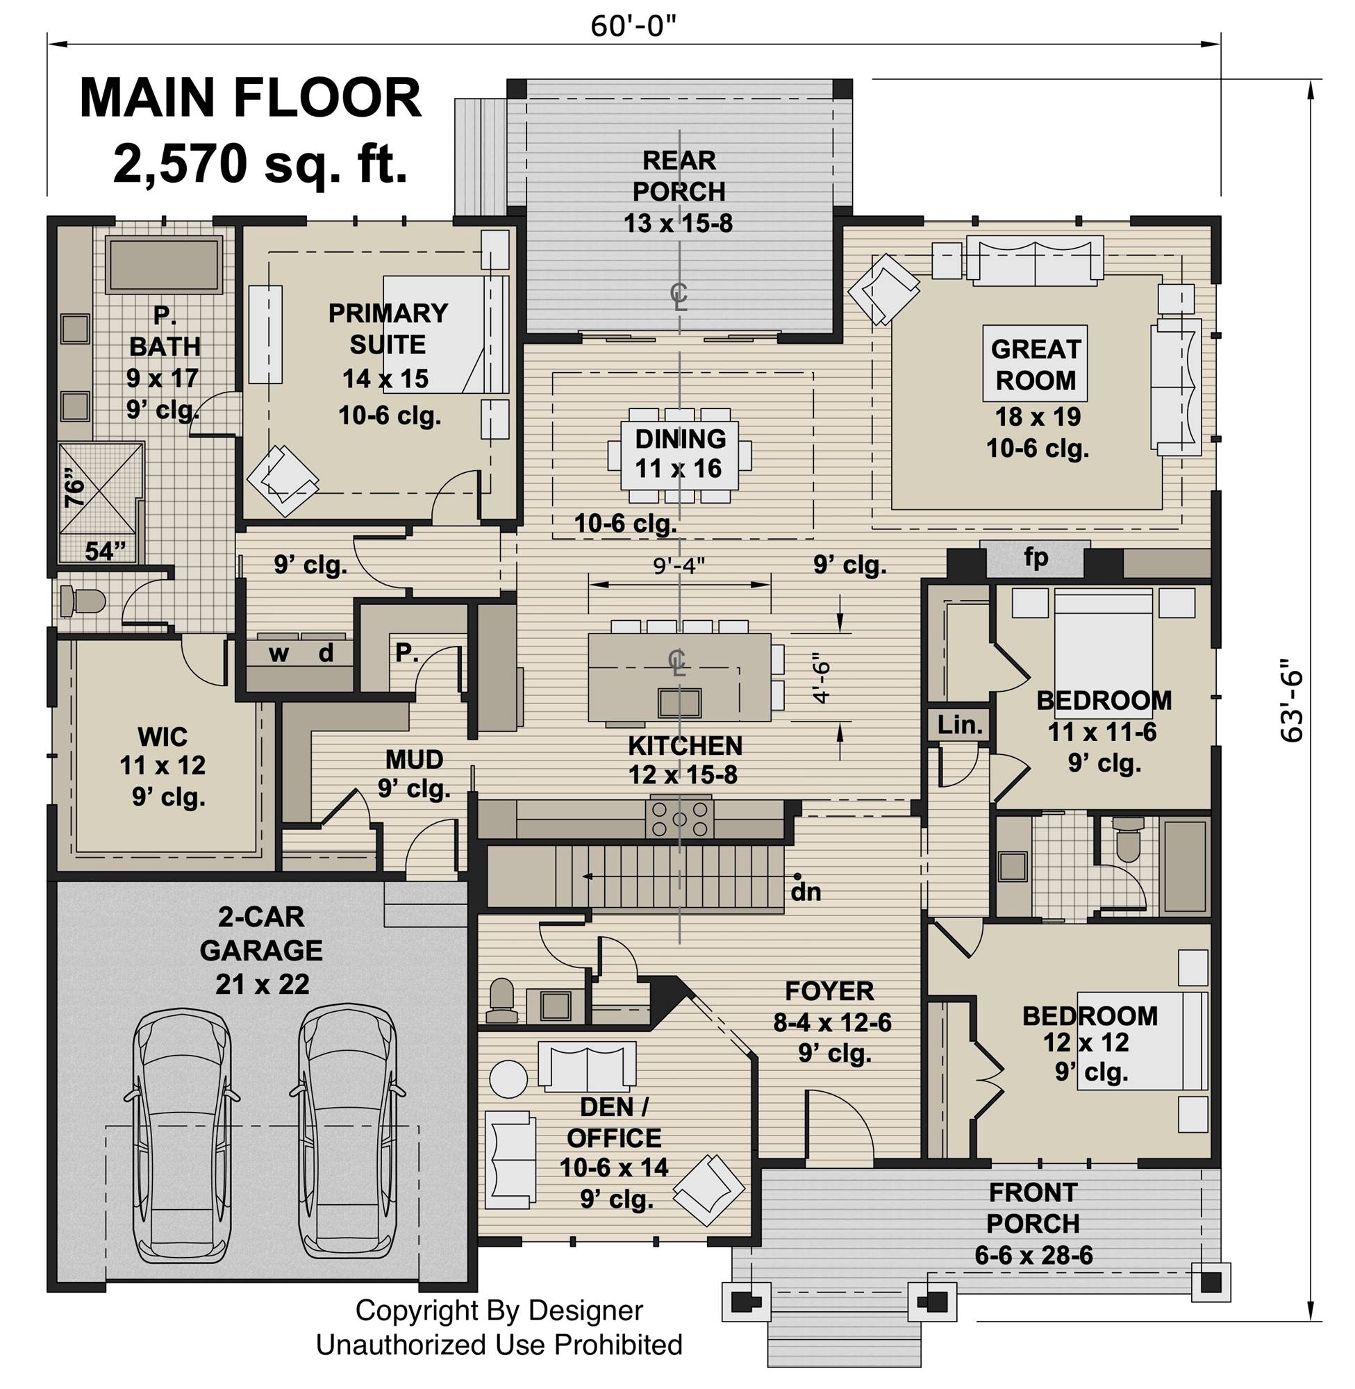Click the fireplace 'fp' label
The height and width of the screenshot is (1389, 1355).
click(x=1036, y=557)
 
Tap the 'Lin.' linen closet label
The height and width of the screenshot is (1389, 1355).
click(x=960, y=725)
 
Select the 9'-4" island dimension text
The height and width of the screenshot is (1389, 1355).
click(x=679, y=565)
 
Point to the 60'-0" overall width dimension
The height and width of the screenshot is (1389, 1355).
click(x=633, y=26)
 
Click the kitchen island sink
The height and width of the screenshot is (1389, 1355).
click(x=679, y=702)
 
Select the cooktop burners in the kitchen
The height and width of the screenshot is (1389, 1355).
click(x=679, y=819)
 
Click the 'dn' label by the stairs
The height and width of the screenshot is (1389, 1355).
click(x=806, y=892)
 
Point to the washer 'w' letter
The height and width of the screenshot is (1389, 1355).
click(x=279, y=654)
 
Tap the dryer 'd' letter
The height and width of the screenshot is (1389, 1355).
click(x=326, y=653)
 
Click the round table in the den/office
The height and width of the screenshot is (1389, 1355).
click(x=509, y=1079)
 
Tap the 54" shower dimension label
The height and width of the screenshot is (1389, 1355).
click(x=105, y=551)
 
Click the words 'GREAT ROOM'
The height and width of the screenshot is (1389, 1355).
click(x=1035, y=365)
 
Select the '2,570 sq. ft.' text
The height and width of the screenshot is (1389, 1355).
click(x=260, y=165)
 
